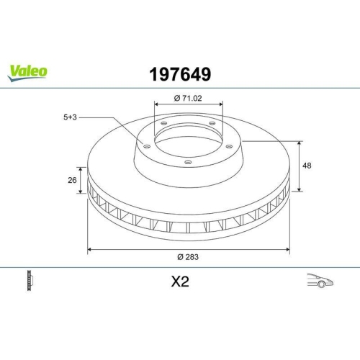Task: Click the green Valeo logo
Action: [28, 71]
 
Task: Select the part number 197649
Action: [179, 73]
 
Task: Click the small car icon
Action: [319, 281]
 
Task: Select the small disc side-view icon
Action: [30, 280]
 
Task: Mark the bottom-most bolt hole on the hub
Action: [188, 163]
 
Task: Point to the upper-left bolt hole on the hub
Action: [163, 125]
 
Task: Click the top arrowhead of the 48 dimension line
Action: [300, 144]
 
